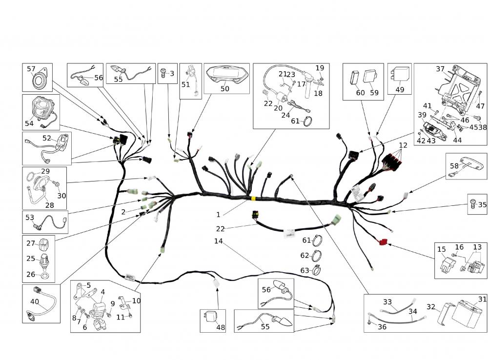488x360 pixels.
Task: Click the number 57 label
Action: click(x=31, y=69)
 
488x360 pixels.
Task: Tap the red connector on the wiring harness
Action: click(x=382, y=241)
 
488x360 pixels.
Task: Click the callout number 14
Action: click(x=218, y=241)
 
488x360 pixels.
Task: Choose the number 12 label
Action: click(x=403, y=145)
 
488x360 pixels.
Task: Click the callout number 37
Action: click(x=440, y=69)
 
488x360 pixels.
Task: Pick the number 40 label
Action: click(x=35, y=301)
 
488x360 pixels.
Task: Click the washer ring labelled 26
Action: click(x=44, y=277)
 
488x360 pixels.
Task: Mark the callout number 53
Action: click(x=30, y=217)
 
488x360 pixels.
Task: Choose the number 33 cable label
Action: click(x=387, y=302)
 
